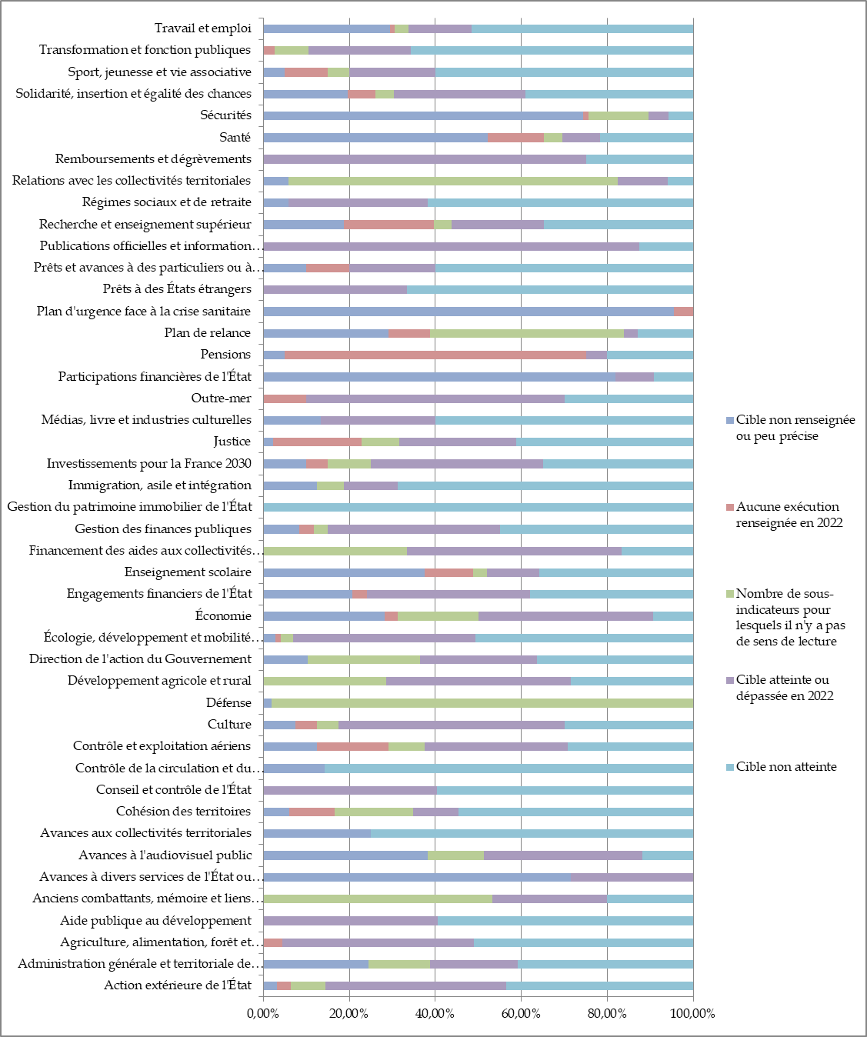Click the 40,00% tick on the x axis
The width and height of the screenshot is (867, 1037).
[x=435, y=1013]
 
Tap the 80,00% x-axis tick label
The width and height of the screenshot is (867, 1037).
[x=607, y=1013]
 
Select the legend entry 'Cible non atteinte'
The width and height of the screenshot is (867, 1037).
[x=785, y=767]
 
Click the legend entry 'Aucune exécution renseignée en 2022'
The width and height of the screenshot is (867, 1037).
[x=789, y=515]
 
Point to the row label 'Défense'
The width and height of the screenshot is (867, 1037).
[x=228, y=702]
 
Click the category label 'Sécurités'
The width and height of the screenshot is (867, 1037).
[x=225, y=115]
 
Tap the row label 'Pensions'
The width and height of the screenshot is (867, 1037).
[x=225, y=355]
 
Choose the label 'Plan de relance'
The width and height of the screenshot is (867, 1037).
[x=208, y=333]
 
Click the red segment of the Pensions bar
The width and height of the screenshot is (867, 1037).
[x=435, y=355]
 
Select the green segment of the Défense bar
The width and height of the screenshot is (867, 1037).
[x=482, y=702]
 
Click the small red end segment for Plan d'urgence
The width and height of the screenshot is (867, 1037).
[x=683, y=312]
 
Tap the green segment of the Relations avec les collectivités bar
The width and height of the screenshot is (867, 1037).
[x=453, y=181]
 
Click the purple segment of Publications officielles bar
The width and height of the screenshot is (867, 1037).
[x=451, y=246]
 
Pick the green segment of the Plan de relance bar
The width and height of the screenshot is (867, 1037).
[x=527, y=333]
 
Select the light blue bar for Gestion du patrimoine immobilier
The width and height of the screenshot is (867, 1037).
[x=478, y=507]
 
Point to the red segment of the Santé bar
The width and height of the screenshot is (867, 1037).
[x=515, y=138]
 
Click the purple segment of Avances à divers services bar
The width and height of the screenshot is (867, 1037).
[x=632, y=877]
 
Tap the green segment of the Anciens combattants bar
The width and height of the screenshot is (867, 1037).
[x=378, y=899]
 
